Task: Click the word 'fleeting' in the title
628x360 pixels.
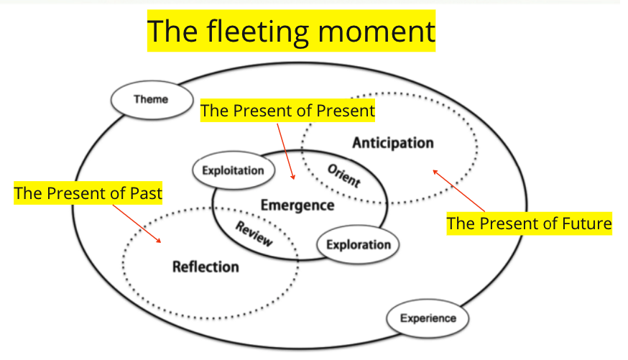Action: click(258, 32)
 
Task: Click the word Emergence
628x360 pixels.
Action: click(297, 205)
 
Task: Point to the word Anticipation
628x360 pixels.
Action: click(393, 143)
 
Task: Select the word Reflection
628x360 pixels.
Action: click(206, 267)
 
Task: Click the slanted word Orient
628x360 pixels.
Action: click(344, 175)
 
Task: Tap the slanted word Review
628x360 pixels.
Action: click(254, 234)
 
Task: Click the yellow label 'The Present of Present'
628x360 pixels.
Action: click(287, 111)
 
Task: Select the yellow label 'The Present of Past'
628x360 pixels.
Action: click(88, 193)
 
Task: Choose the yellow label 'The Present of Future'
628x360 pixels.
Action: click(529, 223)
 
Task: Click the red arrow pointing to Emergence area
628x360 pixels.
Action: click(285, 152)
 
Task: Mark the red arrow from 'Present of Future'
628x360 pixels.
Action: click(458, 190)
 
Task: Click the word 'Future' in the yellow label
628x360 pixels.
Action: click(587, 223)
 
